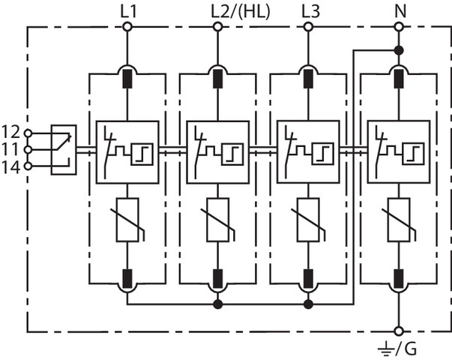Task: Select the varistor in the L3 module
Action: click(x=307, y=220)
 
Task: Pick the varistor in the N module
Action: click(x=398, y=220)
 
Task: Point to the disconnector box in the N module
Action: click(x=398, y=151)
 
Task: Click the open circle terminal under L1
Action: click(x=127, y=27)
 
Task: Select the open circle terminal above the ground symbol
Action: click(x=398, y=330)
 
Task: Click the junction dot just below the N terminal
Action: click(x=398, y=50)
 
